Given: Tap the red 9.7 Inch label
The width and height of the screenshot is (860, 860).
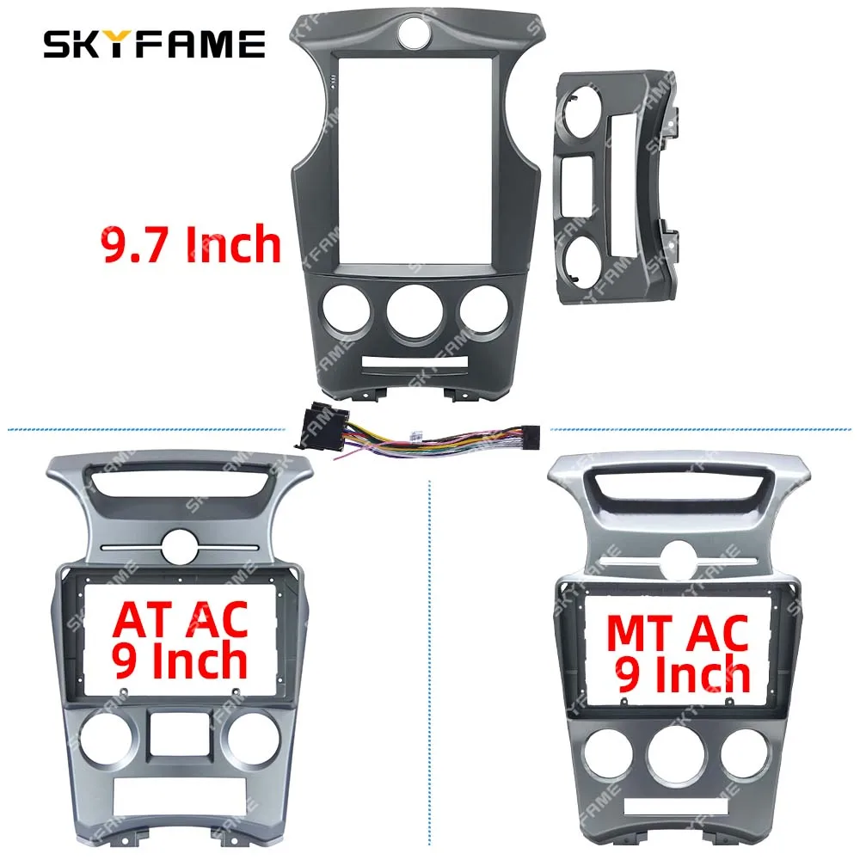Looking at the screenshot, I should (x=192, y=244).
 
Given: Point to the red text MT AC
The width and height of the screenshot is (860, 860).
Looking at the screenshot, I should (x=679, y=632).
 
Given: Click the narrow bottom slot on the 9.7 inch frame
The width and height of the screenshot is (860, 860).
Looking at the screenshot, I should (x=410, y=366).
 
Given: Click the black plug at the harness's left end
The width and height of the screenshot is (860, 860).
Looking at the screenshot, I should (x=310, y=428).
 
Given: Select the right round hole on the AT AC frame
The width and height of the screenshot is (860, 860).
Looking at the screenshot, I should (x=253, y=737).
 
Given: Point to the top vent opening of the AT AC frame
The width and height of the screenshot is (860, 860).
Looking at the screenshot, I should (x=181, y=488).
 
